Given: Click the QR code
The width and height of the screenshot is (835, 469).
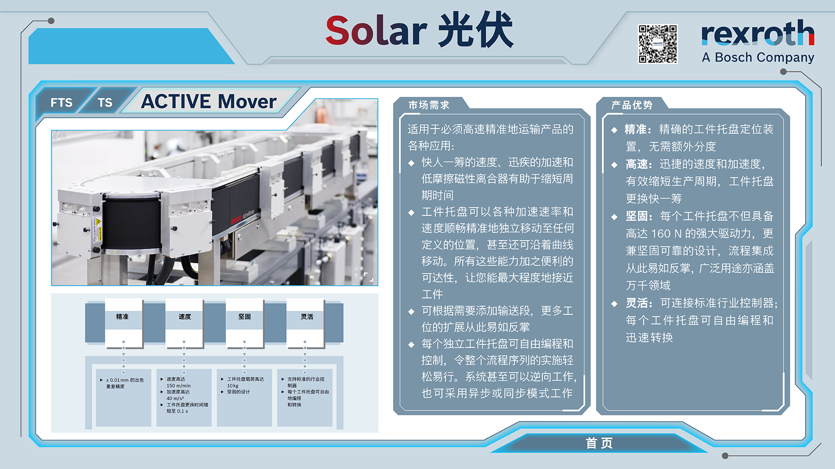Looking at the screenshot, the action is (x=658, y=44).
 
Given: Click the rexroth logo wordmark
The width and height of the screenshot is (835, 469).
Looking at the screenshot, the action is (x=758, y=33).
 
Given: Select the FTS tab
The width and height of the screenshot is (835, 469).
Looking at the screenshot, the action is (x=61, y=102).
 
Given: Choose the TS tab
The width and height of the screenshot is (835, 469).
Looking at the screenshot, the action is (x=105, y=102).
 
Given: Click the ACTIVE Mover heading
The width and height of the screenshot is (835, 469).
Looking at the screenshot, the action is (x=209, y=102).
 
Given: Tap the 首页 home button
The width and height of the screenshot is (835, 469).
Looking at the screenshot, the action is (x=599, y=443).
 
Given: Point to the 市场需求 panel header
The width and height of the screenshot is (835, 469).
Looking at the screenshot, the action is (x=429, y=105).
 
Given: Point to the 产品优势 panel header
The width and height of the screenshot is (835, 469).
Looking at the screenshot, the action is (x=632, y=105).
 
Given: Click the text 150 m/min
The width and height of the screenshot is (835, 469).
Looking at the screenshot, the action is (x=178, y=386).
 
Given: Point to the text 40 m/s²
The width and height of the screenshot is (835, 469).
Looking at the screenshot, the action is (x=175, y=398).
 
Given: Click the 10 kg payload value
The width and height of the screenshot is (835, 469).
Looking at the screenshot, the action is (x=233, y=386).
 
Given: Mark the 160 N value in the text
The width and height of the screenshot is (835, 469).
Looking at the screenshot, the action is (x=666, y=234).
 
